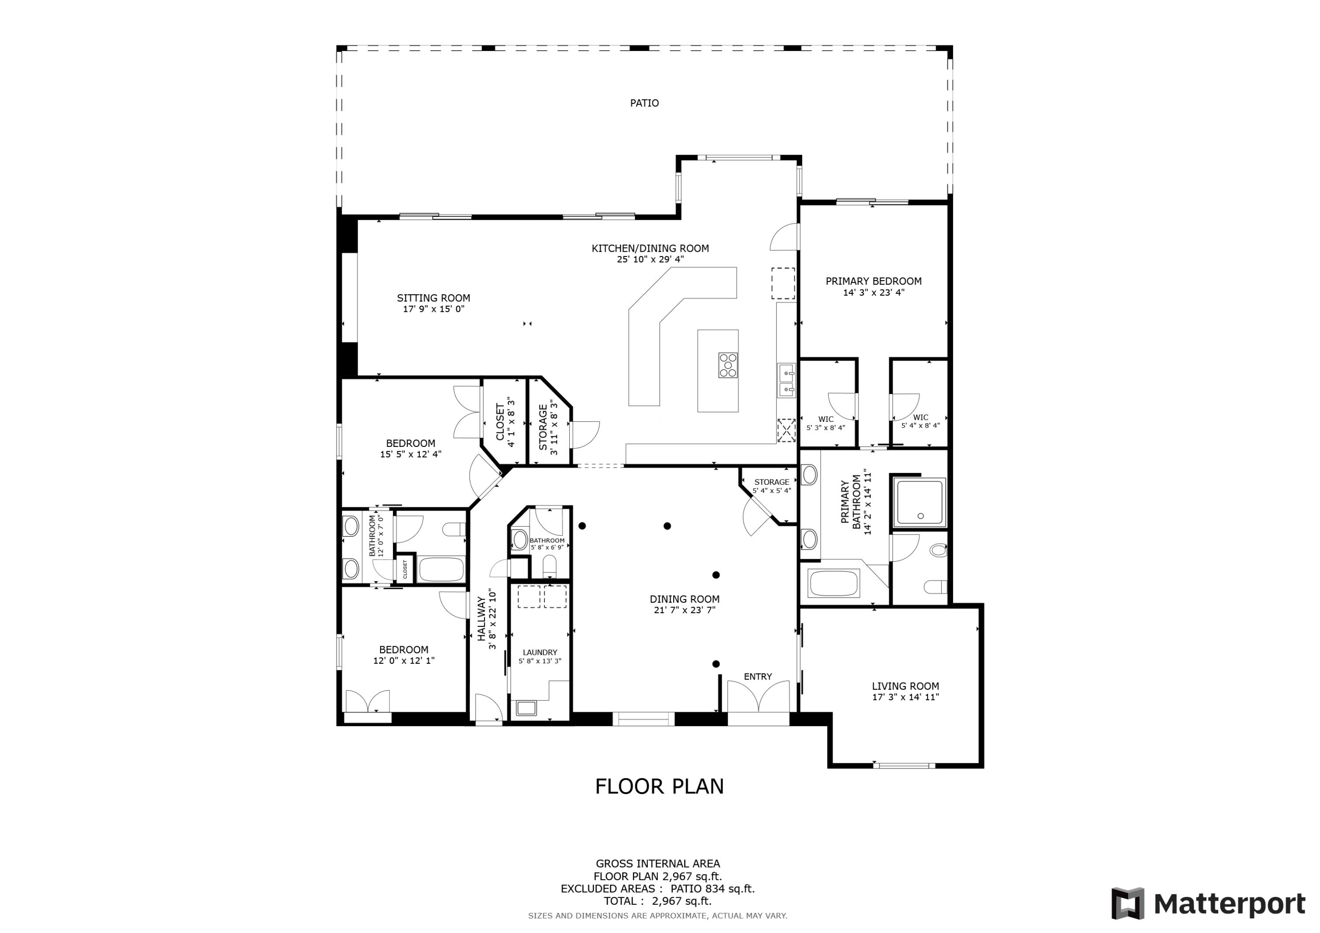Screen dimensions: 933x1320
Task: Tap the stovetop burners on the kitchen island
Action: coord(728,365)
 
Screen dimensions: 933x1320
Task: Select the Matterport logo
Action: coord(1208,904)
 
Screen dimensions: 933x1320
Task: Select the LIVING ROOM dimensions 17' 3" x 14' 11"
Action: coord(905,697)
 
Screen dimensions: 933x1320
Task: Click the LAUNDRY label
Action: coord(539,652)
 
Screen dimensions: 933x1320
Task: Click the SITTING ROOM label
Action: coord(433,298)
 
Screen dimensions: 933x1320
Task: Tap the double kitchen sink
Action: coord(786,381)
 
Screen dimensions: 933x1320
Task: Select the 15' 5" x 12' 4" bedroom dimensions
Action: coord(410,454)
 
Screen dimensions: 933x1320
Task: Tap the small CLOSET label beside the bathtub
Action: coord(405,570)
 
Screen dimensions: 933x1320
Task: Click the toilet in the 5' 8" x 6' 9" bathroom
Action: coord(550,566)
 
